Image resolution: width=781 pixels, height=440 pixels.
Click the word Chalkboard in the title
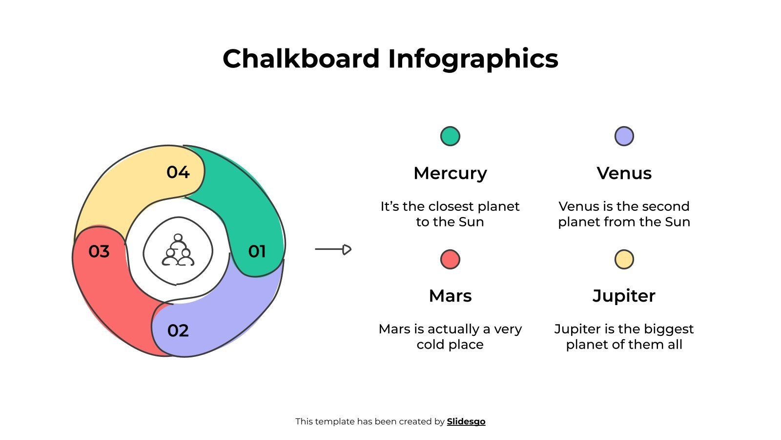[301, 59]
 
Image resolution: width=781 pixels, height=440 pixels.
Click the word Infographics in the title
[473, 59]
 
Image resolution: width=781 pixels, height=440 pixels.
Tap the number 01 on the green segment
[257, 251]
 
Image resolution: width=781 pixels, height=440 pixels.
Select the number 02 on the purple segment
[178, 330]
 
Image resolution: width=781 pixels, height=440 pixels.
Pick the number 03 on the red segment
[99, 251]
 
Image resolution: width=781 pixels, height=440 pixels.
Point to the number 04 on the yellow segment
[178, 172]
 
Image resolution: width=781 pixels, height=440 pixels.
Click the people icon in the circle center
[178, 250]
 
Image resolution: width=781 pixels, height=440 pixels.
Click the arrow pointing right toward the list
[333, 249]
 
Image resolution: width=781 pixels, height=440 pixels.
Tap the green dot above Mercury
[450, 136]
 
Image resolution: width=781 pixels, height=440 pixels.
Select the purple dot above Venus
[624, 136]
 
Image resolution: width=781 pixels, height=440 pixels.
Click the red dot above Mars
[450, 259]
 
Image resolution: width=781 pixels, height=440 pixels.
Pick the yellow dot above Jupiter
[624, 259]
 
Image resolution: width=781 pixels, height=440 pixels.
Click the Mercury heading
[450, 173]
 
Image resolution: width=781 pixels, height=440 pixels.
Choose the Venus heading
[624, 173]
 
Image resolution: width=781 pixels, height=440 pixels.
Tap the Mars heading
[450, 296]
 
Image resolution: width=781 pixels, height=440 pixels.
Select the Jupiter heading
[624, 296]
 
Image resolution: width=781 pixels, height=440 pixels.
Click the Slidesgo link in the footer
[466, 421]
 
